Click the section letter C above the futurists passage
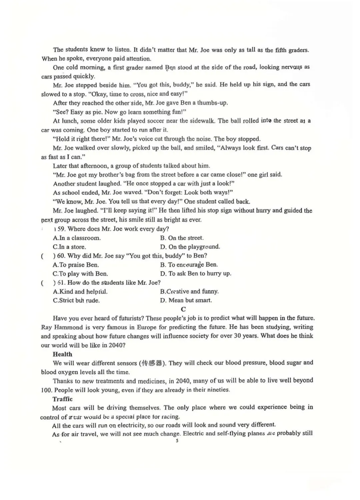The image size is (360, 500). coord(183,309)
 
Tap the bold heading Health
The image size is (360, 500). coord(62,354)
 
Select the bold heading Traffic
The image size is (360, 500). coord(62,399)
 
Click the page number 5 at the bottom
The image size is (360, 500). coord(177,441)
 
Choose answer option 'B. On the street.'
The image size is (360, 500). coord(182,238)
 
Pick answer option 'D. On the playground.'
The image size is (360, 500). coord(190,247)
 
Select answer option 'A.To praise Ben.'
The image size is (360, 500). coord(76,265)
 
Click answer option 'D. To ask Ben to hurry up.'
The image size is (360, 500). coord(196,274)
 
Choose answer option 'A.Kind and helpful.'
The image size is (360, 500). coord(80,292)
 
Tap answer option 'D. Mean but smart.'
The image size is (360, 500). coord(186,300)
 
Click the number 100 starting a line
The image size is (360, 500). coord(46,390)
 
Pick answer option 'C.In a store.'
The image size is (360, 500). coord(69,247)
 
